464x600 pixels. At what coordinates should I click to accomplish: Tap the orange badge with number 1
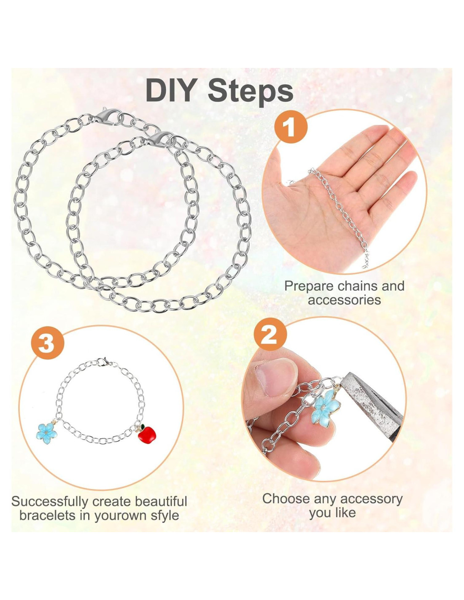[291, 127]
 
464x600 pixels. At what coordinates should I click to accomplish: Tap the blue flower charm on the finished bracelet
[47, 433]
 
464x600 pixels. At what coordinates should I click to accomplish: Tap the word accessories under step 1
[344, 300]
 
